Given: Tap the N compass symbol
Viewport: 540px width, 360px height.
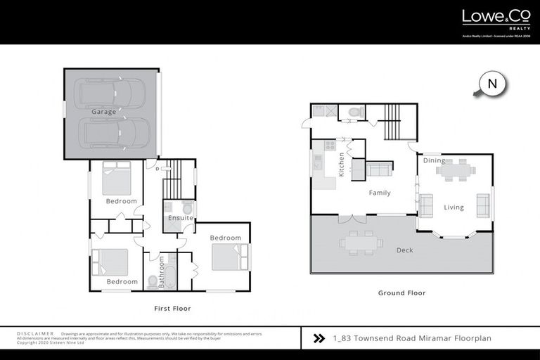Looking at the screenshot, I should pyautogui.click(x=493, y=84).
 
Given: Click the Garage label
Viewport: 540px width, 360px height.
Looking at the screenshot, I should pyautogui.click(x=103, y=112).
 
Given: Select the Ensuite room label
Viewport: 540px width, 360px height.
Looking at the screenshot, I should pyautogui.click(x=180, y=218).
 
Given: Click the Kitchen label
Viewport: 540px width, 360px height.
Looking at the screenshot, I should pyautogui.click(x=342, y=164).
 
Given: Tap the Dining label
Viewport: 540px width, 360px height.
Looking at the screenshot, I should pyautogui.click(x=434, y=161).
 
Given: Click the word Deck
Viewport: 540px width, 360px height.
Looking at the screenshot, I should pyautogui.click(x=404, y=250).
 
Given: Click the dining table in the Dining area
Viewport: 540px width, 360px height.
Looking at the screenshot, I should pyautogui.click(x=456, y=169).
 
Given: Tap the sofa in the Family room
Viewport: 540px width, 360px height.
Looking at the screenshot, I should pyautogui.click(x=380, y=169).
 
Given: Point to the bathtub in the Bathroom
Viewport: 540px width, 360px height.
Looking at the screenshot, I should pyautogui.click(x=169, y=271).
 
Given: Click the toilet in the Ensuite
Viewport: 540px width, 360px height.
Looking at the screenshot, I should pyautogui.click(x=188, y=209).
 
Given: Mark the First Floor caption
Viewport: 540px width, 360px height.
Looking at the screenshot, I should pyautogui.click(x=172, y=308).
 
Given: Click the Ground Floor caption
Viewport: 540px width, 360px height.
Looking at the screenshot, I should pyautogui.click(x=401, y=293).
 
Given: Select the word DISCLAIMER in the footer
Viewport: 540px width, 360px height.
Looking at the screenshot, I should pyautogui.click(x=34, y=333).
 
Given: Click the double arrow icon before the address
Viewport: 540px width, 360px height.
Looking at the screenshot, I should pyautogui.click(x=319, y=338).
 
